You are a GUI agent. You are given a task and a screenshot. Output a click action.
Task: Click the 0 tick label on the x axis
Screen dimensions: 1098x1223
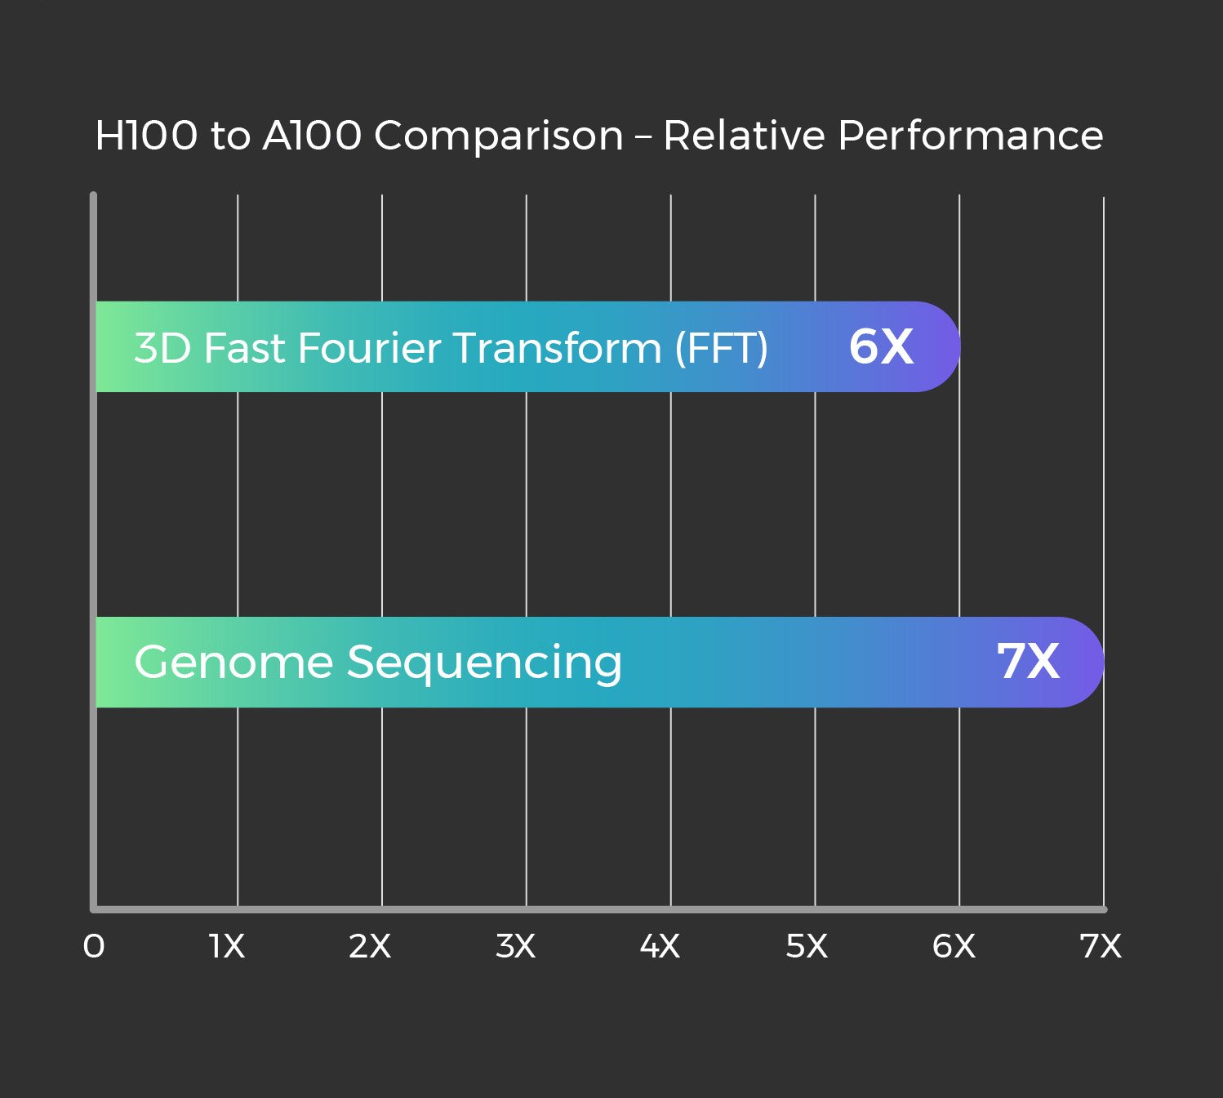[94, 946]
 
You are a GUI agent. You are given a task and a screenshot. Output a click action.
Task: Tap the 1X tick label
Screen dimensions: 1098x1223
[227, 946]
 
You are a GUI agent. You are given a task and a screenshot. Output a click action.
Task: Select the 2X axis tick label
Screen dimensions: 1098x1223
[370, 946]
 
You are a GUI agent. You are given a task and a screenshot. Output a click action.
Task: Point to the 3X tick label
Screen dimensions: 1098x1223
[515, 946]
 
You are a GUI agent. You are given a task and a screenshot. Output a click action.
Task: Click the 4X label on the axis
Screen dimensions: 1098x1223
[660, 946]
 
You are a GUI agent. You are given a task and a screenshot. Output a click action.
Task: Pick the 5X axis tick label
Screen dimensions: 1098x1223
[807, 946]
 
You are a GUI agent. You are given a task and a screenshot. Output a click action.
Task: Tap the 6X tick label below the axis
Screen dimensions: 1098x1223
[954, 946]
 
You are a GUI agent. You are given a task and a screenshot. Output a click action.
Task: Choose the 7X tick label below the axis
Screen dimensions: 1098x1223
[1101, 946]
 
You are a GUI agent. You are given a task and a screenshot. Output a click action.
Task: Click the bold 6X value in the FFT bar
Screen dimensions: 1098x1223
[881, 346]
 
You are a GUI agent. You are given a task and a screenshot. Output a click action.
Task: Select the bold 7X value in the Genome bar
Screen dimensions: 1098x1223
[1028, 661]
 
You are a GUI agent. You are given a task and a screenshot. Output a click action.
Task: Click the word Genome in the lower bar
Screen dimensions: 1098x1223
[233, 663]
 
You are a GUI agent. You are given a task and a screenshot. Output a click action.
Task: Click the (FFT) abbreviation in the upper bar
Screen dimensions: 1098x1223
[721, 348]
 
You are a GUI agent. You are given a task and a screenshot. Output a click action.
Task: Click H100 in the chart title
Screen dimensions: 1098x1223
[146, 136]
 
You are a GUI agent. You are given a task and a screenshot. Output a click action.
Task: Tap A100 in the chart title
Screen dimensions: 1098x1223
[312, 136]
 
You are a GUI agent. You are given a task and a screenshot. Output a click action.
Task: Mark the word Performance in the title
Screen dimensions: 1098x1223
[971, 136]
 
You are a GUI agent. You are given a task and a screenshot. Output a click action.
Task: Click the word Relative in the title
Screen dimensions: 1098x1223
[744, 136]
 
